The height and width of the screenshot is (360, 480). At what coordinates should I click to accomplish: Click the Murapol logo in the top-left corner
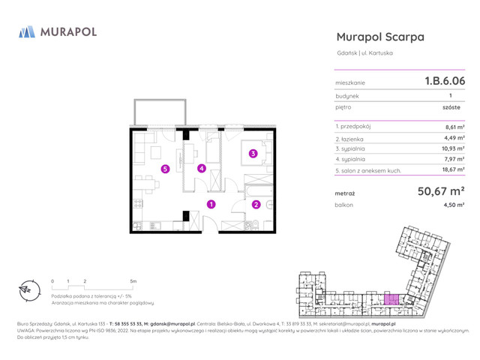pyautogui.click(x=58, y=31)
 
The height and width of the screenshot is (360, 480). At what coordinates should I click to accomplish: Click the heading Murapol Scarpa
pyautogui.click(x=380, y=37)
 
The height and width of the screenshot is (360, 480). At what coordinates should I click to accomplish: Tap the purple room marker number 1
pyautogui.click(x=211, y=203)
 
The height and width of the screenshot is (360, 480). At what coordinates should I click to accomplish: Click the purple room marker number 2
pyautogui.click(x=256, y=204)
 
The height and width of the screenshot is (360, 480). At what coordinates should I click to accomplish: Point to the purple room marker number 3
pyautogui.click(x=253, y=154)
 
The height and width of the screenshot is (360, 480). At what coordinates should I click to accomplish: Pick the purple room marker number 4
pyautogui.click(x=201, y=168)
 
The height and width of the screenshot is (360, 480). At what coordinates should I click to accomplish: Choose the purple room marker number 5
pyautogui.click(x=164, y=169)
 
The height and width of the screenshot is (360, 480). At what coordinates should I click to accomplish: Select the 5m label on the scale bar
pyautogui.click(x=133, y=281)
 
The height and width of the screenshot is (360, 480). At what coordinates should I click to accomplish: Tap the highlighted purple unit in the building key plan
pyautogui.click(x=391, y=299)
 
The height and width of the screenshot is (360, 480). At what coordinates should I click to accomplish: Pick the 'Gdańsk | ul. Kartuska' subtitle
pyautogui.click(x=364, y=53)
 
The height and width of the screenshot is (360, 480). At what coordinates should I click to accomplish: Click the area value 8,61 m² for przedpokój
pyautogui.click(x=454, y=127)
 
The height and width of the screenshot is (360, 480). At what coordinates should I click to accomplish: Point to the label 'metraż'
pyautogui.click(x=346, y=193)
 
